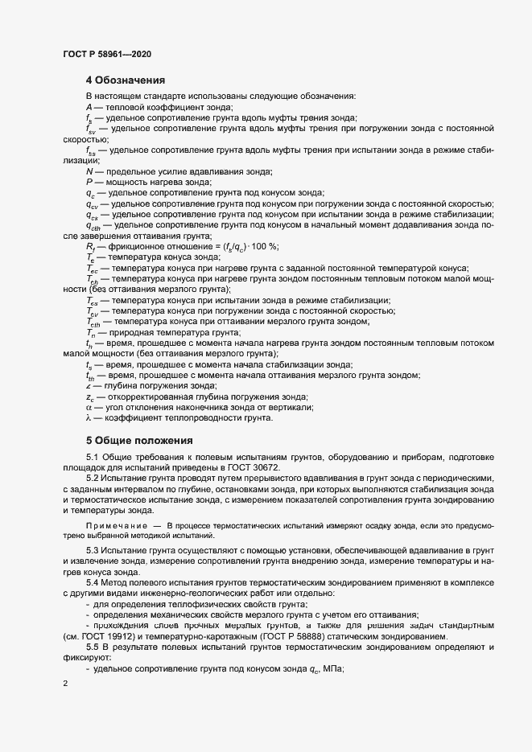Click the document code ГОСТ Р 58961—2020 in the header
point(106,54)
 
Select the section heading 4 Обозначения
point(126,80)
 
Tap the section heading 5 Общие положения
point(139,440)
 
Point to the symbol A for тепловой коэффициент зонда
point(89,107)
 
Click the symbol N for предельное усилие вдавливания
point(89,171)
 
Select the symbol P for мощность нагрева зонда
point(89,182)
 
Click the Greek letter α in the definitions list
point(89,407)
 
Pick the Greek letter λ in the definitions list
point(89,417)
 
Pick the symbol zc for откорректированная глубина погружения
point(89,397)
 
